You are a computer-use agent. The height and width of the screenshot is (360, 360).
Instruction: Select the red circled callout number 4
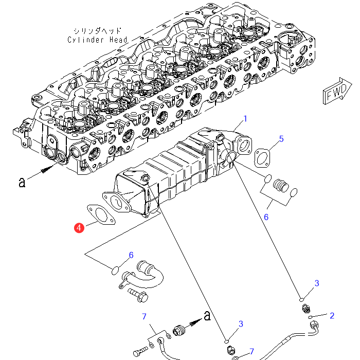pyautogui.click(x=79, y=227)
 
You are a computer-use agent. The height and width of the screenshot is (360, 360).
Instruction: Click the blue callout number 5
pyautogui.click(x=281, y=138)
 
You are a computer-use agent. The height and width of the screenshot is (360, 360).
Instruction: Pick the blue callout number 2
pyautogui.click(x=332, y=315)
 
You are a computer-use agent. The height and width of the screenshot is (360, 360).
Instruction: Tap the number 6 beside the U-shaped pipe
pyautogui.click(x=131, y=255)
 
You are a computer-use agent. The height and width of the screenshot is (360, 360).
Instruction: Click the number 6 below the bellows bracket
pyautogui.click(x=266, y=217)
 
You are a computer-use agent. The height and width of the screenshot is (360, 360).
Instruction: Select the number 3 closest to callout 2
pyautogui.click(x=317, y=283)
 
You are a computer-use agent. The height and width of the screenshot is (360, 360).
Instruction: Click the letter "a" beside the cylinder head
pyautogui.click(x=22, y=182)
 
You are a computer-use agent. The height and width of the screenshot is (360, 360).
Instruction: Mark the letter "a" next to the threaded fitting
pyautogui.click(x=207, y=316)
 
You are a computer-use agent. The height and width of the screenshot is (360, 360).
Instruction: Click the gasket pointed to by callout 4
pyautogui.click(x=99, y=215)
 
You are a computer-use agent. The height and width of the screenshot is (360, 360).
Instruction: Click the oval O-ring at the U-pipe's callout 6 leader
pyautogui.click(x=116, y=269)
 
